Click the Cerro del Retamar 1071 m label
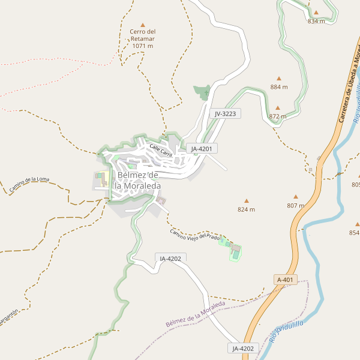point(143,38)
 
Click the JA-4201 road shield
point(202,148)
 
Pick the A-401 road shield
point(285,280)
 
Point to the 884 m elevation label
point(279,87)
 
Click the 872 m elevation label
point(278,116)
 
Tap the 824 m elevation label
point(246,209)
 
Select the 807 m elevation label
point(296,206)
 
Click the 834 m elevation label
point(316,21)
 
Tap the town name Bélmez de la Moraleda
point(138,180)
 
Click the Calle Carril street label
point(161,151)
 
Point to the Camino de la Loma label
point(29,185)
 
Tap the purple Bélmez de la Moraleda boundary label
point(195,314)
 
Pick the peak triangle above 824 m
point(246,201)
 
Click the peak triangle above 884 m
point(279,78)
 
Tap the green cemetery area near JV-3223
point(203,92)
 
